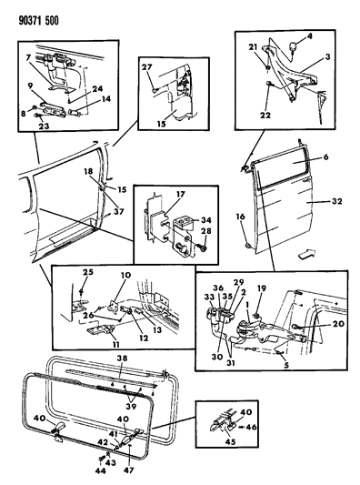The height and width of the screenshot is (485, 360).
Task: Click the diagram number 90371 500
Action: coord(38,21)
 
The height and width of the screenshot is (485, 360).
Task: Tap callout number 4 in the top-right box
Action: coord(310,36)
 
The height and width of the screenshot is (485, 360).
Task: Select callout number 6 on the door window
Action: coord(325,157)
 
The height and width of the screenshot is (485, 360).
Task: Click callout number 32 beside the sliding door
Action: coord(337,201)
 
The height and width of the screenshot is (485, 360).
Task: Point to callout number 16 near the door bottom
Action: coord(241,217)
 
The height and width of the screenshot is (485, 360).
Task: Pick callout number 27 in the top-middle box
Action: coord(147,67)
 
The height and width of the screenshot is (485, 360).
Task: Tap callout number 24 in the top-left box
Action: coord(97,89)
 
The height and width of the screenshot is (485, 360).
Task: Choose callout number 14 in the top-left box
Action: coord(105,99)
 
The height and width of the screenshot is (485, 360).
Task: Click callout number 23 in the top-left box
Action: coord(44,126)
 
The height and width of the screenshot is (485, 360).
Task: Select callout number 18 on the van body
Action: coord(88,172)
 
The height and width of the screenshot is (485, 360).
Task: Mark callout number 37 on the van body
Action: coord(119,212)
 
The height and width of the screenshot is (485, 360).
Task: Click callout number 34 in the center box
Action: coord(206,220)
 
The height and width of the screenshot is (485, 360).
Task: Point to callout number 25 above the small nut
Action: coord(88,272)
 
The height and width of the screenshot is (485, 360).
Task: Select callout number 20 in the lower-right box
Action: coord(339,324)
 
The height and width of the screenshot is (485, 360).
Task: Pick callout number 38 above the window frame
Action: coord(123,359)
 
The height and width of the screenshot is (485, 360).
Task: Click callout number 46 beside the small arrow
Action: coord(252,427)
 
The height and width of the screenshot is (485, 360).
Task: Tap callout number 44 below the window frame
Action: coord(100,470)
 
